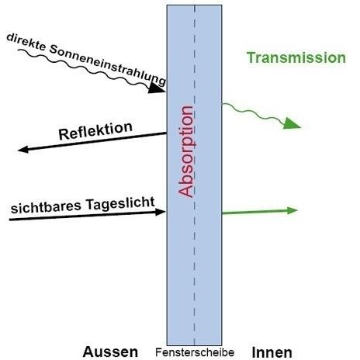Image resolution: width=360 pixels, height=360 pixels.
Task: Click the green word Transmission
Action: point(296,57)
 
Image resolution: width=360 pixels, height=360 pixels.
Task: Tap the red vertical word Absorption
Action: point(186,151)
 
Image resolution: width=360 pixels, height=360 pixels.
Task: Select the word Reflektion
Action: point(95,131)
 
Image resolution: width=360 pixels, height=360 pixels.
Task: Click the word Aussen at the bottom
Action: point(110,351)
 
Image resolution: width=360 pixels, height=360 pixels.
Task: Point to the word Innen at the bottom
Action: point(272,352)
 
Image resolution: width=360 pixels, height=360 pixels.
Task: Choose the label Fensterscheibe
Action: point(195,352)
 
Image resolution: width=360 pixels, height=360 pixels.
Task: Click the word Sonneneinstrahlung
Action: point(107,64)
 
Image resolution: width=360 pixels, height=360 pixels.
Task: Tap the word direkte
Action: point(26,42)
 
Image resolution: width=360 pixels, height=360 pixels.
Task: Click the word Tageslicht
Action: point(120,203)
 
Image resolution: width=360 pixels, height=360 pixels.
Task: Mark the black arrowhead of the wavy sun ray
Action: point(157,88)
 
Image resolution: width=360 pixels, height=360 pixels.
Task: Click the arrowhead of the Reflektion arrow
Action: point(23,150)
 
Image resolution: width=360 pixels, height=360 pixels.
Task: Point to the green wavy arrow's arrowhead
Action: point(292,123)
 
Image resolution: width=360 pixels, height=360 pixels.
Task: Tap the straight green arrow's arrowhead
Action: point(292,210)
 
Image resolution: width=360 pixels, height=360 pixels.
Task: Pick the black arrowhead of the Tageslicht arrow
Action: point(161,213)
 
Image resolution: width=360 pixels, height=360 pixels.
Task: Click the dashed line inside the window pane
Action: point(195,175)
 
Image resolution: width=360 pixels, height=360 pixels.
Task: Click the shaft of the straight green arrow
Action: point(254,212)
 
